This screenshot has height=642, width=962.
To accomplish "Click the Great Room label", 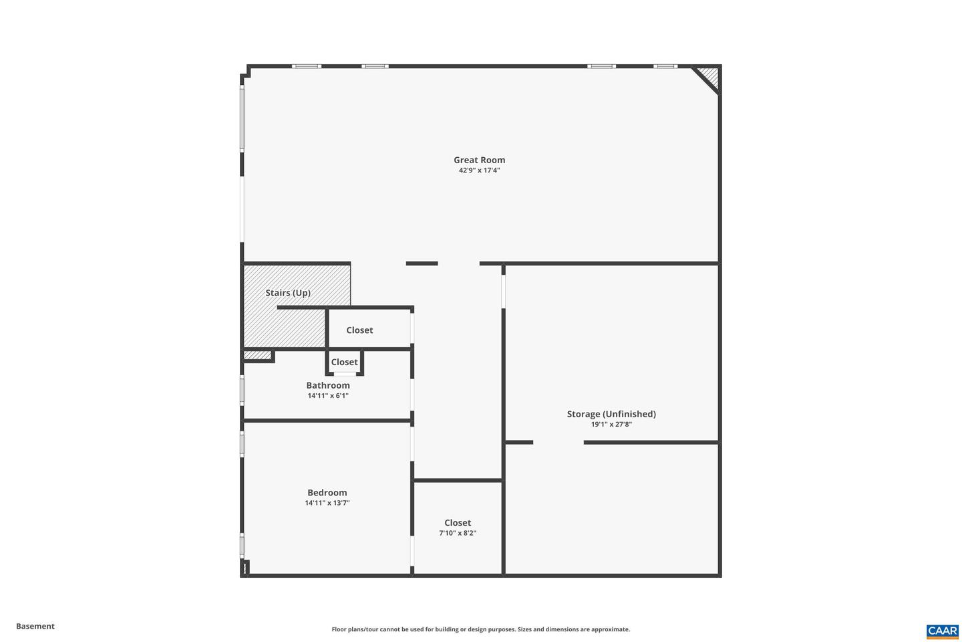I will point(479,160).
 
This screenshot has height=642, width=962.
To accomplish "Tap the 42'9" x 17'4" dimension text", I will point(479,171).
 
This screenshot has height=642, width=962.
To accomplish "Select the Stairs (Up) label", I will point(288,293).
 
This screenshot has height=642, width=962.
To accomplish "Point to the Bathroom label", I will point(328,385).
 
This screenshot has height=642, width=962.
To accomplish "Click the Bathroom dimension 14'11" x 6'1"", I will point(328,396).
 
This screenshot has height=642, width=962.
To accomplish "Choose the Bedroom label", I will point(327,493).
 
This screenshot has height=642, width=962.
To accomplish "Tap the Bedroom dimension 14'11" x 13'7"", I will point(327,503).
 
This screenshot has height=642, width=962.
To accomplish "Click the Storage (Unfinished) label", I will point(611,414).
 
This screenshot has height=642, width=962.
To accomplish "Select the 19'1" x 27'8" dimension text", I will point(611,424).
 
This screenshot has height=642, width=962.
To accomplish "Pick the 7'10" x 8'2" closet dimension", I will point(458,533).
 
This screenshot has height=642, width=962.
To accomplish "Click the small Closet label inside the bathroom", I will point(345,362).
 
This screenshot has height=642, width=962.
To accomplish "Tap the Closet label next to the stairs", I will point(359,330).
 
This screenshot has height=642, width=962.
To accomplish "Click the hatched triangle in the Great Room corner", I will point(710,76).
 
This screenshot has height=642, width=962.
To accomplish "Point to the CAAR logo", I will point(942,631).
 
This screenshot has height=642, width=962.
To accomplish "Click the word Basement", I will point(35,627).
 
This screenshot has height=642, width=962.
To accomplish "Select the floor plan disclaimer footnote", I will point(480,629).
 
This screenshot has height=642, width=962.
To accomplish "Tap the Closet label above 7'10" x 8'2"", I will point(458,523).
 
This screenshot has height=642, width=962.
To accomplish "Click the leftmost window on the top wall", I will point(307,66).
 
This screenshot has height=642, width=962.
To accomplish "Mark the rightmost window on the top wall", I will point(665,66).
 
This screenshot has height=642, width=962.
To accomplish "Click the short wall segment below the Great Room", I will point(422,263).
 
